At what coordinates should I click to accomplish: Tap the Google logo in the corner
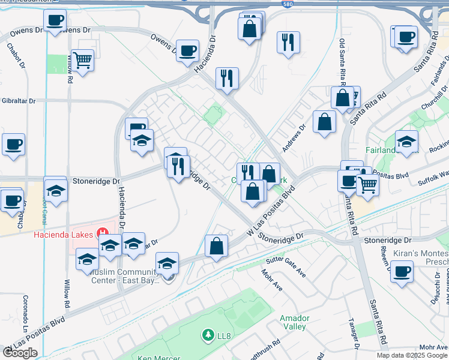(x=20, y=352)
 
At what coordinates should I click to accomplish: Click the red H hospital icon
(x=103, y=233)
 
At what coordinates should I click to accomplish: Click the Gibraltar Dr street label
(x=18, y=101)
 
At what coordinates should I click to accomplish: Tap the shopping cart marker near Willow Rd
(x=82, y=60)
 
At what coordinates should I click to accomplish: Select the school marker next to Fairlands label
(x=406, y=142)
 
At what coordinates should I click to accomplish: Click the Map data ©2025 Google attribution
(x=412, y=355)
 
